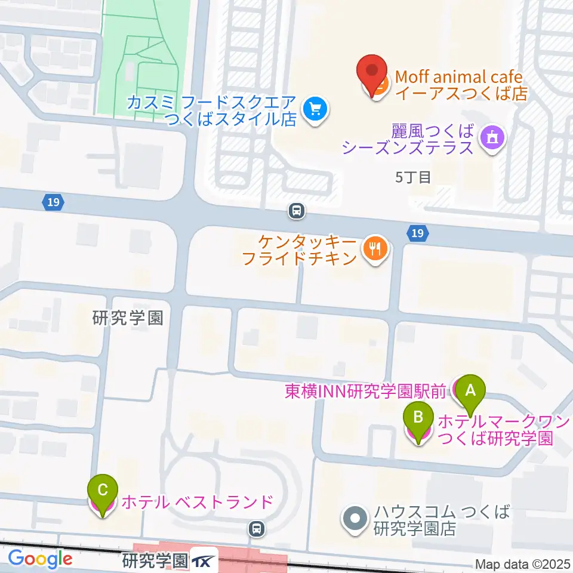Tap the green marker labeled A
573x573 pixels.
tap(470, 392)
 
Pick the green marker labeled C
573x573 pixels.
tap(102, 491)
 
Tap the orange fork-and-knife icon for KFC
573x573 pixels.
tap(375, 249)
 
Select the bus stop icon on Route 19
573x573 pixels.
tap(297, 210)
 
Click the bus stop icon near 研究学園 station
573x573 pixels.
tap(256, 528)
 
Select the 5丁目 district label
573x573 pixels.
tap(413, 177)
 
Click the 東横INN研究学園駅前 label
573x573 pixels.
tap(365, 392)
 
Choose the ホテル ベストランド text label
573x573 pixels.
tap(197, 503)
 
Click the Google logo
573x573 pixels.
tap(40, 559)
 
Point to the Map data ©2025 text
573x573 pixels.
tap(522, 564)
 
